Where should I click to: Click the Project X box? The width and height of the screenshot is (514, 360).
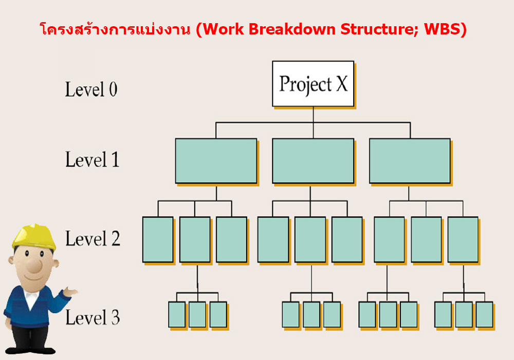tap(313, 84)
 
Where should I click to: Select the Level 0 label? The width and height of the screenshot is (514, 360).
tap(91, 89)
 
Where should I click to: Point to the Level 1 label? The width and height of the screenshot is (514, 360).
tap(92, 159)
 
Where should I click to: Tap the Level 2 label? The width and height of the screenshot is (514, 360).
tap(93, 238)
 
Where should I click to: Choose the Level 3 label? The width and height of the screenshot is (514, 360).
tap(93, 317)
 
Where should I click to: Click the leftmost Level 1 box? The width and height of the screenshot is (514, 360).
tap(216, 160)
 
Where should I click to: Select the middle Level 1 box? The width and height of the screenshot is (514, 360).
tap(313, 160)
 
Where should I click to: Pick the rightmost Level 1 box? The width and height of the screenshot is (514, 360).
tap(410, 160)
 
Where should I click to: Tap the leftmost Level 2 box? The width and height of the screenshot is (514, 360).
tap(158, 240)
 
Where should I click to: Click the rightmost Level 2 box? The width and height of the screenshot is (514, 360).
tap(463, 240)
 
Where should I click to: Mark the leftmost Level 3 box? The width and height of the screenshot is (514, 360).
tap(177, 315)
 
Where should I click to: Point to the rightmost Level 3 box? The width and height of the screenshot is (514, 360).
tap(485, 315)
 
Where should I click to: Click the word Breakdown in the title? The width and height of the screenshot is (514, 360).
tap(292, 29)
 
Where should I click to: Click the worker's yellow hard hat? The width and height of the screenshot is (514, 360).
tap(34, 237)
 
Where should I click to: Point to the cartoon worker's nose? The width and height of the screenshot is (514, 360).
tap(35, 265)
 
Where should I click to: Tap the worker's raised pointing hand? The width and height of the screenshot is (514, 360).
tap(70, 291)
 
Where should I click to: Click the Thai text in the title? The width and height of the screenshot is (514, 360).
tap(115, 29)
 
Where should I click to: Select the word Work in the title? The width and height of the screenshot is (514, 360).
tap(224, 29)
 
